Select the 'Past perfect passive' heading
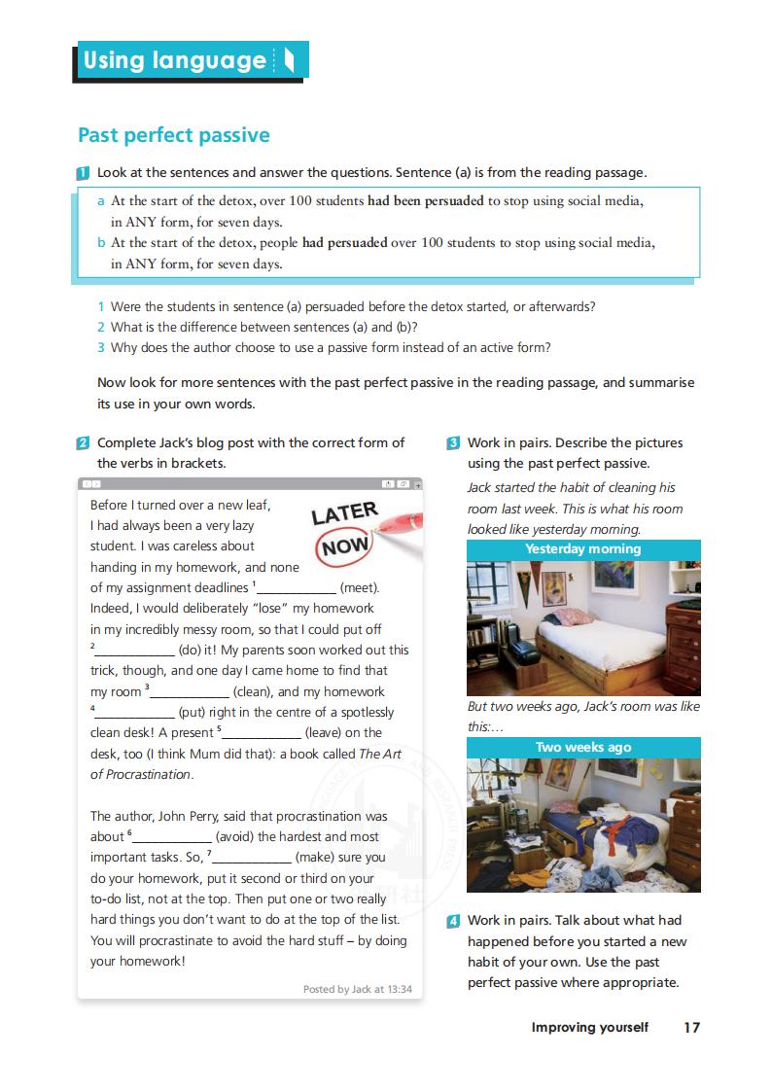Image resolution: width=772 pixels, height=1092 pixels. point(174,135)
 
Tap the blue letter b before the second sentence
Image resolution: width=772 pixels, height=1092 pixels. point(101,243)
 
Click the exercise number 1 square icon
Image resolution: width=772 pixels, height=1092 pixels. point(84,173)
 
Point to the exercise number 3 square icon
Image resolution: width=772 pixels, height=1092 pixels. point(453,443)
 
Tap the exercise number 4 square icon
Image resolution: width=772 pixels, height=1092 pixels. point(453,921)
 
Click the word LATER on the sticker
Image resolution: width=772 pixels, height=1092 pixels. point(344,512)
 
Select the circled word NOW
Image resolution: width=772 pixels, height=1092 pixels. point(346,546)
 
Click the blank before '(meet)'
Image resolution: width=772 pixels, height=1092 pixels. point(296,588)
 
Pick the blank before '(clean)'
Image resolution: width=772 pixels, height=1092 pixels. point(190,692)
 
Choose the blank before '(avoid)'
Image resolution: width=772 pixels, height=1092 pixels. point(171,837)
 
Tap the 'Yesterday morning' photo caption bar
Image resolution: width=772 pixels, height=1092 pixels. point(583,549)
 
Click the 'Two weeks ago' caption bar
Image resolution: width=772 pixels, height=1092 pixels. point(583,748)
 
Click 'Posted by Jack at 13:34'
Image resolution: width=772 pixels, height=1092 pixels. point(357,989)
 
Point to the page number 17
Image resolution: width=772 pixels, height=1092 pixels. point(691,1027)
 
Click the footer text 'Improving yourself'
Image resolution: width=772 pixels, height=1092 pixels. point(589,1027)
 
